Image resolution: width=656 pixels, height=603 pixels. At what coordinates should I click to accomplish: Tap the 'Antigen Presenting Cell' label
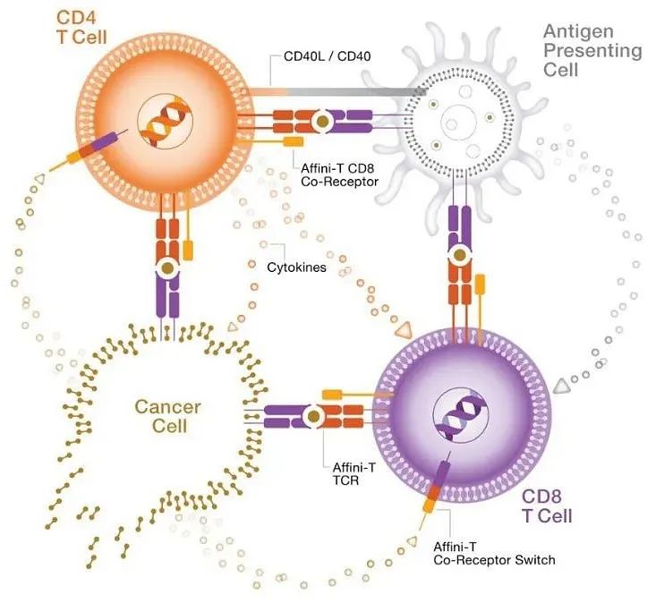pyautogui.click(x=592, y=50)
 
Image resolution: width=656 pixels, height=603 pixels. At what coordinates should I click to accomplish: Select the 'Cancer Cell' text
pyautogui.click(x=167, y=417)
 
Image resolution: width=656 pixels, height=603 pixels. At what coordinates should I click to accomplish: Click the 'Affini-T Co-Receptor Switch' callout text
pyautogui.click(x=493, y=553)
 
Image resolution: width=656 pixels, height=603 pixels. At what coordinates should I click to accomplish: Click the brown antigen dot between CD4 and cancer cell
pyautogui.click(x=166, y=268)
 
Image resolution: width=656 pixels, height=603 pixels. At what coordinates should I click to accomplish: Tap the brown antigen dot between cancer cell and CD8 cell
pyautogui.click(x=314, y=415)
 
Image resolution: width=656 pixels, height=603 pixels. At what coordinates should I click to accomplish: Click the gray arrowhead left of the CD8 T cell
pyautogui.click(x=562, y=386)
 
